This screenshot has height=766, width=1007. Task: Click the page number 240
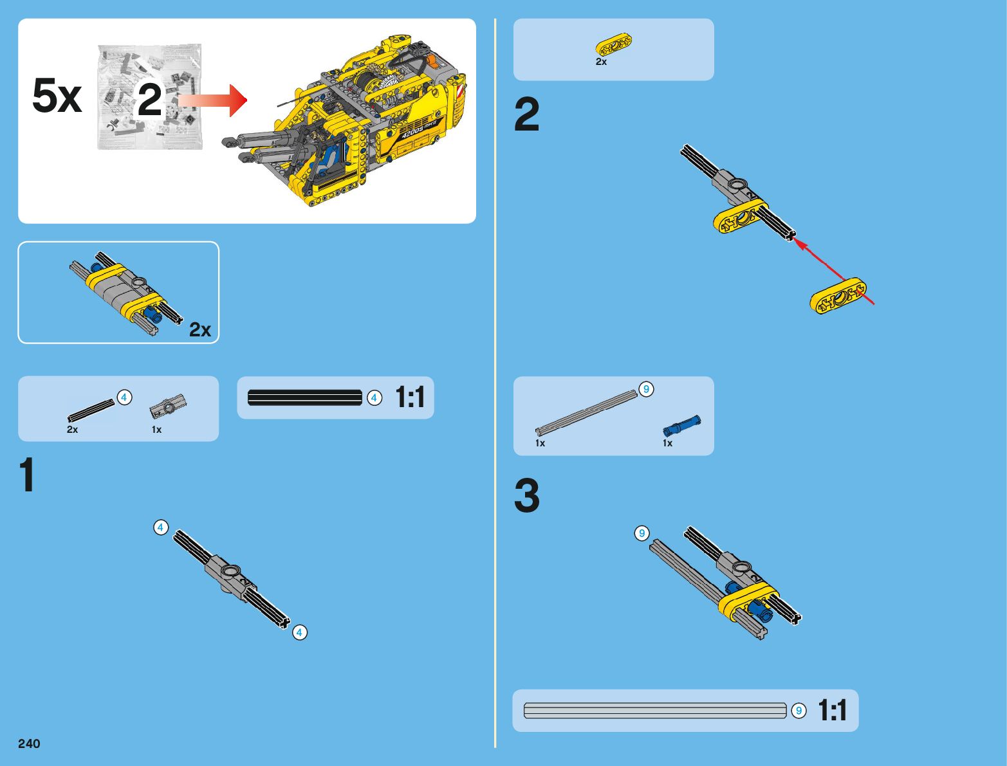point(29,743)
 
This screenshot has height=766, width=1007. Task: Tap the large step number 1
point(26,475)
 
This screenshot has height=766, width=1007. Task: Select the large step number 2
point(527,114)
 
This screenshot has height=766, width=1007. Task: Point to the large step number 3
point(527,495)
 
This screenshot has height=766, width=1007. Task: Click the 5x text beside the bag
point(57,95)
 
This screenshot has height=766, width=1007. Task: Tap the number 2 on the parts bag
point(149,99)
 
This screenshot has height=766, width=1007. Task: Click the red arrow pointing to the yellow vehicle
point(213,100)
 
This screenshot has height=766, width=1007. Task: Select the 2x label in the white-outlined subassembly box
point(200,329)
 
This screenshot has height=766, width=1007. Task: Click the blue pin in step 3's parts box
point(681,425)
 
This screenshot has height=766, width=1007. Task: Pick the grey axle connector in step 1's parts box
point(168,406)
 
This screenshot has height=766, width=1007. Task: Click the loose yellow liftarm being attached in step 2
point(838,296)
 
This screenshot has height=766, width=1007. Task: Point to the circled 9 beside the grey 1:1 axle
point(799,711)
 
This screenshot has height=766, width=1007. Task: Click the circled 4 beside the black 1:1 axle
point(374,398)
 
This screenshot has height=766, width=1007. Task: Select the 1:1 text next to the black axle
point(410,397)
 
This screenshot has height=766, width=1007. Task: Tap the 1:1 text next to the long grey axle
point(833,710)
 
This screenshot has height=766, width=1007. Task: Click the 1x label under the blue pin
point(667,443)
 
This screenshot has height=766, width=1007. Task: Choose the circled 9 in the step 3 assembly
point(642,533)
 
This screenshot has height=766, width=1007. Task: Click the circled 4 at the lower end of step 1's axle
point(300,633)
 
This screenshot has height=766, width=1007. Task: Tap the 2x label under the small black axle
point(73,430)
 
